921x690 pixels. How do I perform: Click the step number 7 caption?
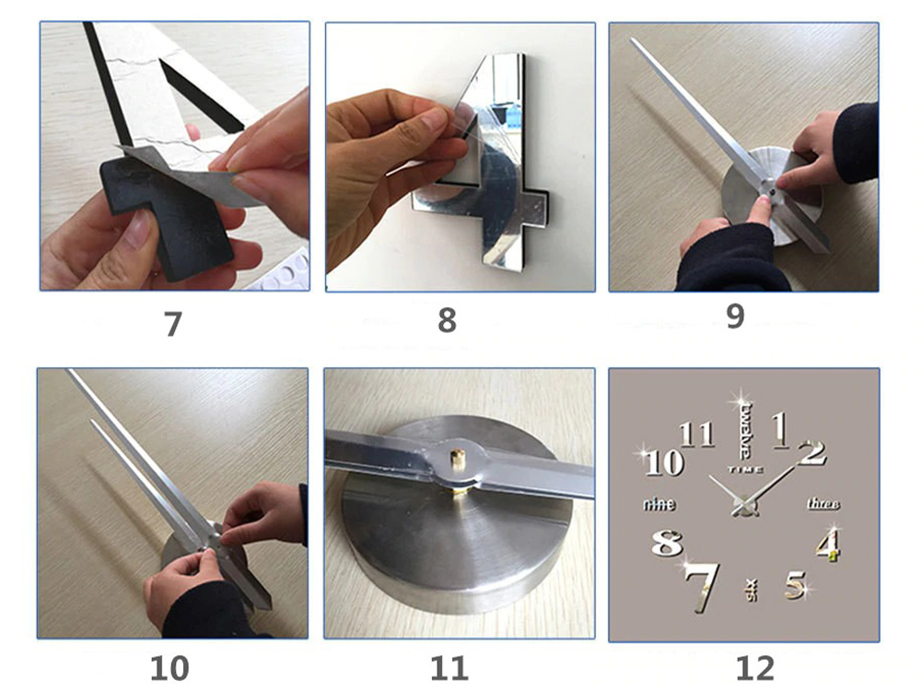pos(173,323)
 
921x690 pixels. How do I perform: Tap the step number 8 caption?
pos(447,320)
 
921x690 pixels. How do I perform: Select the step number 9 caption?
pos(735,316)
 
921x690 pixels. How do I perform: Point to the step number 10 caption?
pos(169,668)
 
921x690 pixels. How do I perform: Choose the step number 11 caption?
pos(449,668)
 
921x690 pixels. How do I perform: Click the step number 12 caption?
pos(755,668)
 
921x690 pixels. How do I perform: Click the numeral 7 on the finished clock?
pos(703,586)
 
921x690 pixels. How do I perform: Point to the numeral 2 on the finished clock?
pos(812,453)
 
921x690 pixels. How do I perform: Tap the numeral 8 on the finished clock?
pos(667,542)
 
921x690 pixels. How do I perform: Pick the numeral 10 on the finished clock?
pos(664,463)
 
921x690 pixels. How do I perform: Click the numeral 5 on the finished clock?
pos(796,585)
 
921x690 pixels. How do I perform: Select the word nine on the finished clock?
pos(659,504)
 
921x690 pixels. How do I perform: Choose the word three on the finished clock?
pos(823,503)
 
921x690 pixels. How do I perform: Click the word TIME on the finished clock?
pos(746,469)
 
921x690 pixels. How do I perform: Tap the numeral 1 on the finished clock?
pos(780,430)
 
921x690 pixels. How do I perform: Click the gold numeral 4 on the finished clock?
pos(828,545)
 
